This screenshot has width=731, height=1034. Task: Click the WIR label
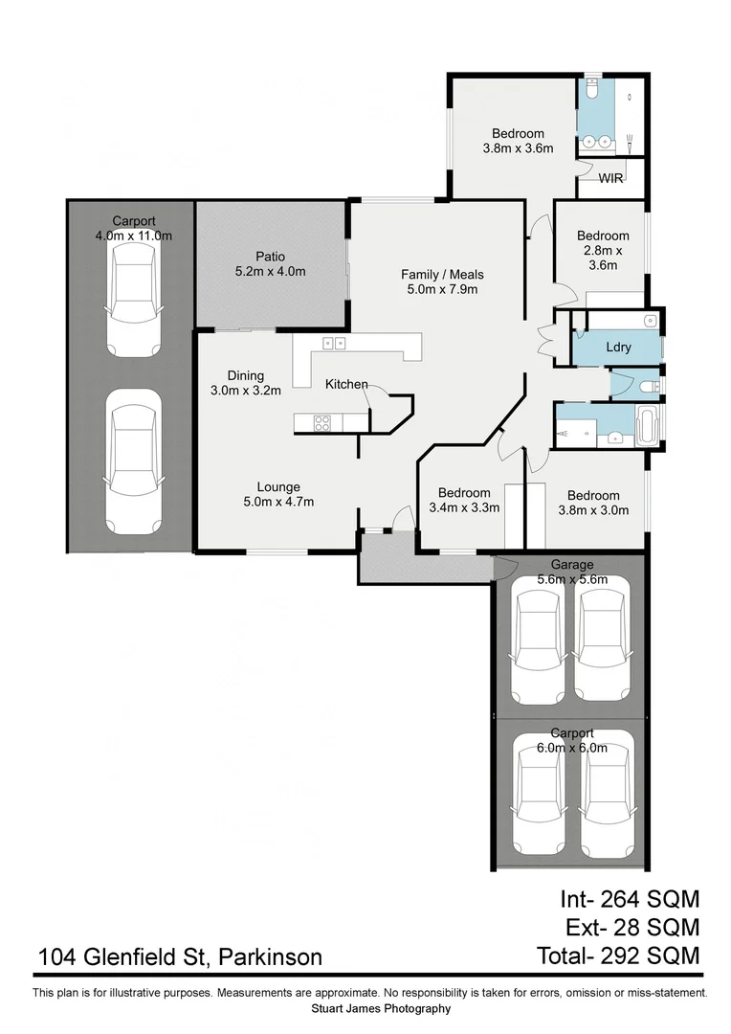(611, 178)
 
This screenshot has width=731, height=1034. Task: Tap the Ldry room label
(618, 348)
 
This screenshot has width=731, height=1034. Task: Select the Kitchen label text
(346, 384)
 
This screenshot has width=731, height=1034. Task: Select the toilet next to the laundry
(650, 386)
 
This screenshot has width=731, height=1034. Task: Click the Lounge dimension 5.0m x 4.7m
(278, 501)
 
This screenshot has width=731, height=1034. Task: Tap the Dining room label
(246, 375)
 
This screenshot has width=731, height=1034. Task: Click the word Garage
(572, 565)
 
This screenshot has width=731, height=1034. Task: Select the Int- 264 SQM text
(630, 899)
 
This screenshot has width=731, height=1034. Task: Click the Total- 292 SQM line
(617, 955)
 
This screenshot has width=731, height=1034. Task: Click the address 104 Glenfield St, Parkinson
(180, 956)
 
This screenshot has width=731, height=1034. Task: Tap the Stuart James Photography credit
(381, 1008)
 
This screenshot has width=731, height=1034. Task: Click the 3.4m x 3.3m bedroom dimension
(464, 508)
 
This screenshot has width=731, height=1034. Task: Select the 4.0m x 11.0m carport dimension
(133, 236)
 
